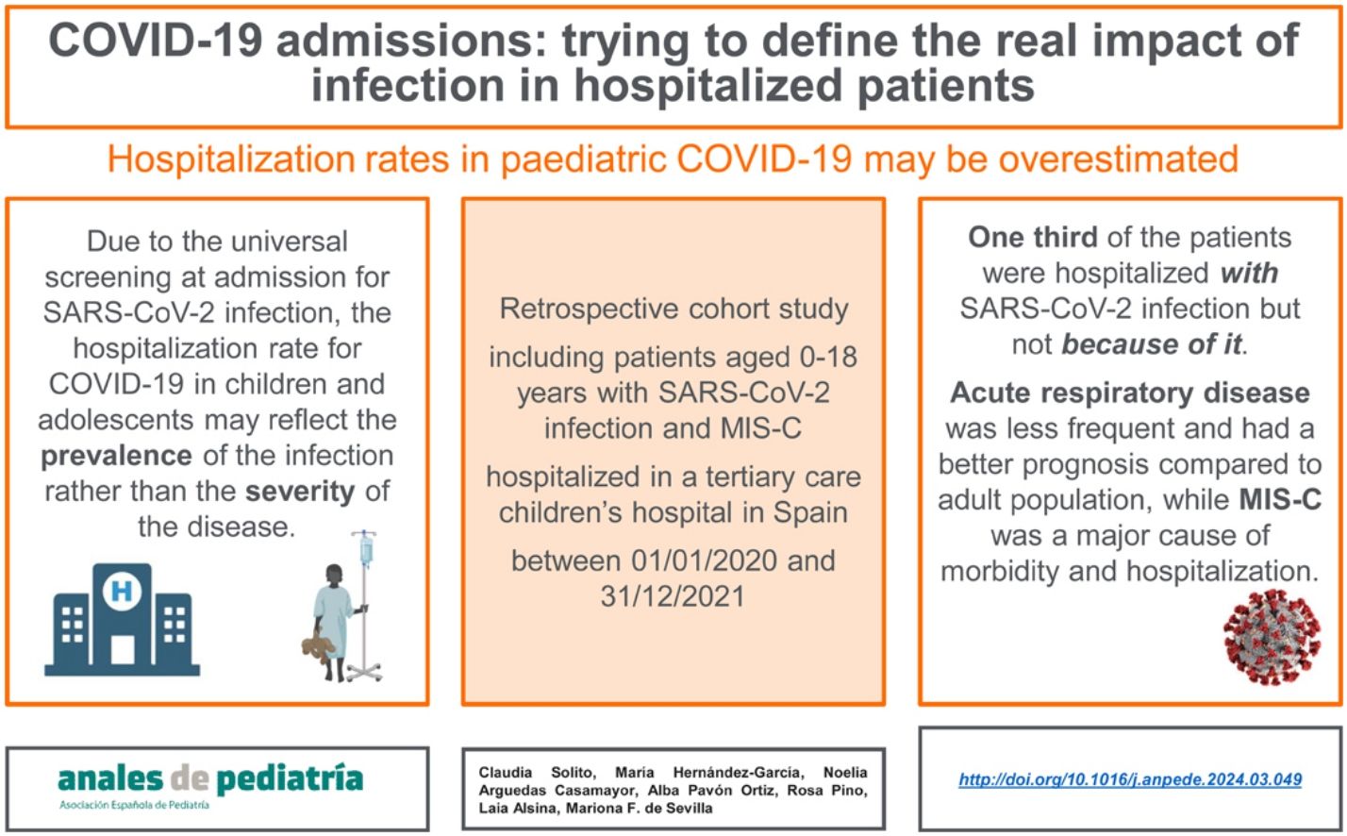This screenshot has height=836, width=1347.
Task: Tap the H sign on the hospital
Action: coord(122,593)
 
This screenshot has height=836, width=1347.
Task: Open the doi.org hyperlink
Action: coord(1130,779)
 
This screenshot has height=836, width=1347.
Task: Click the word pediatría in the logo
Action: coord(289,778)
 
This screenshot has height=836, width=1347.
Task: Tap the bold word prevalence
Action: coord(116,456)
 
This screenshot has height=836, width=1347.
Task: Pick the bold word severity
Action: coord(300,492)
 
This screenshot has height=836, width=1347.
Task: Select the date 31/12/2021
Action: coord(673,596)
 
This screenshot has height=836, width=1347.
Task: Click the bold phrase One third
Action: coord(1032,237)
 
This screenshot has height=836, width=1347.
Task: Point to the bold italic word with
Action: coord(1249,273)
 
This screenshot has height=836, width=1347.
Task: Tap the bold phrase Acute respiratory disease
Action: coord(1130,393)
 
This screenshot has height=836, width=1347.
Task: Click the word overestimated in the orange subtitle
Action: coord(1118,159)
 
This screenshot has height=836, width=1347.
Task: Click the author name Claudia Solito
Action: coord(537,773)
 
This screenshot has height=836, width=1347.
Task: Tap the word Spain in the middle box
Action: coord(807,512)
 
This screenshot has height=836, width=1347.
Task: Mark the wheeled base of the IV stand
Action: coord(364,672)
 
